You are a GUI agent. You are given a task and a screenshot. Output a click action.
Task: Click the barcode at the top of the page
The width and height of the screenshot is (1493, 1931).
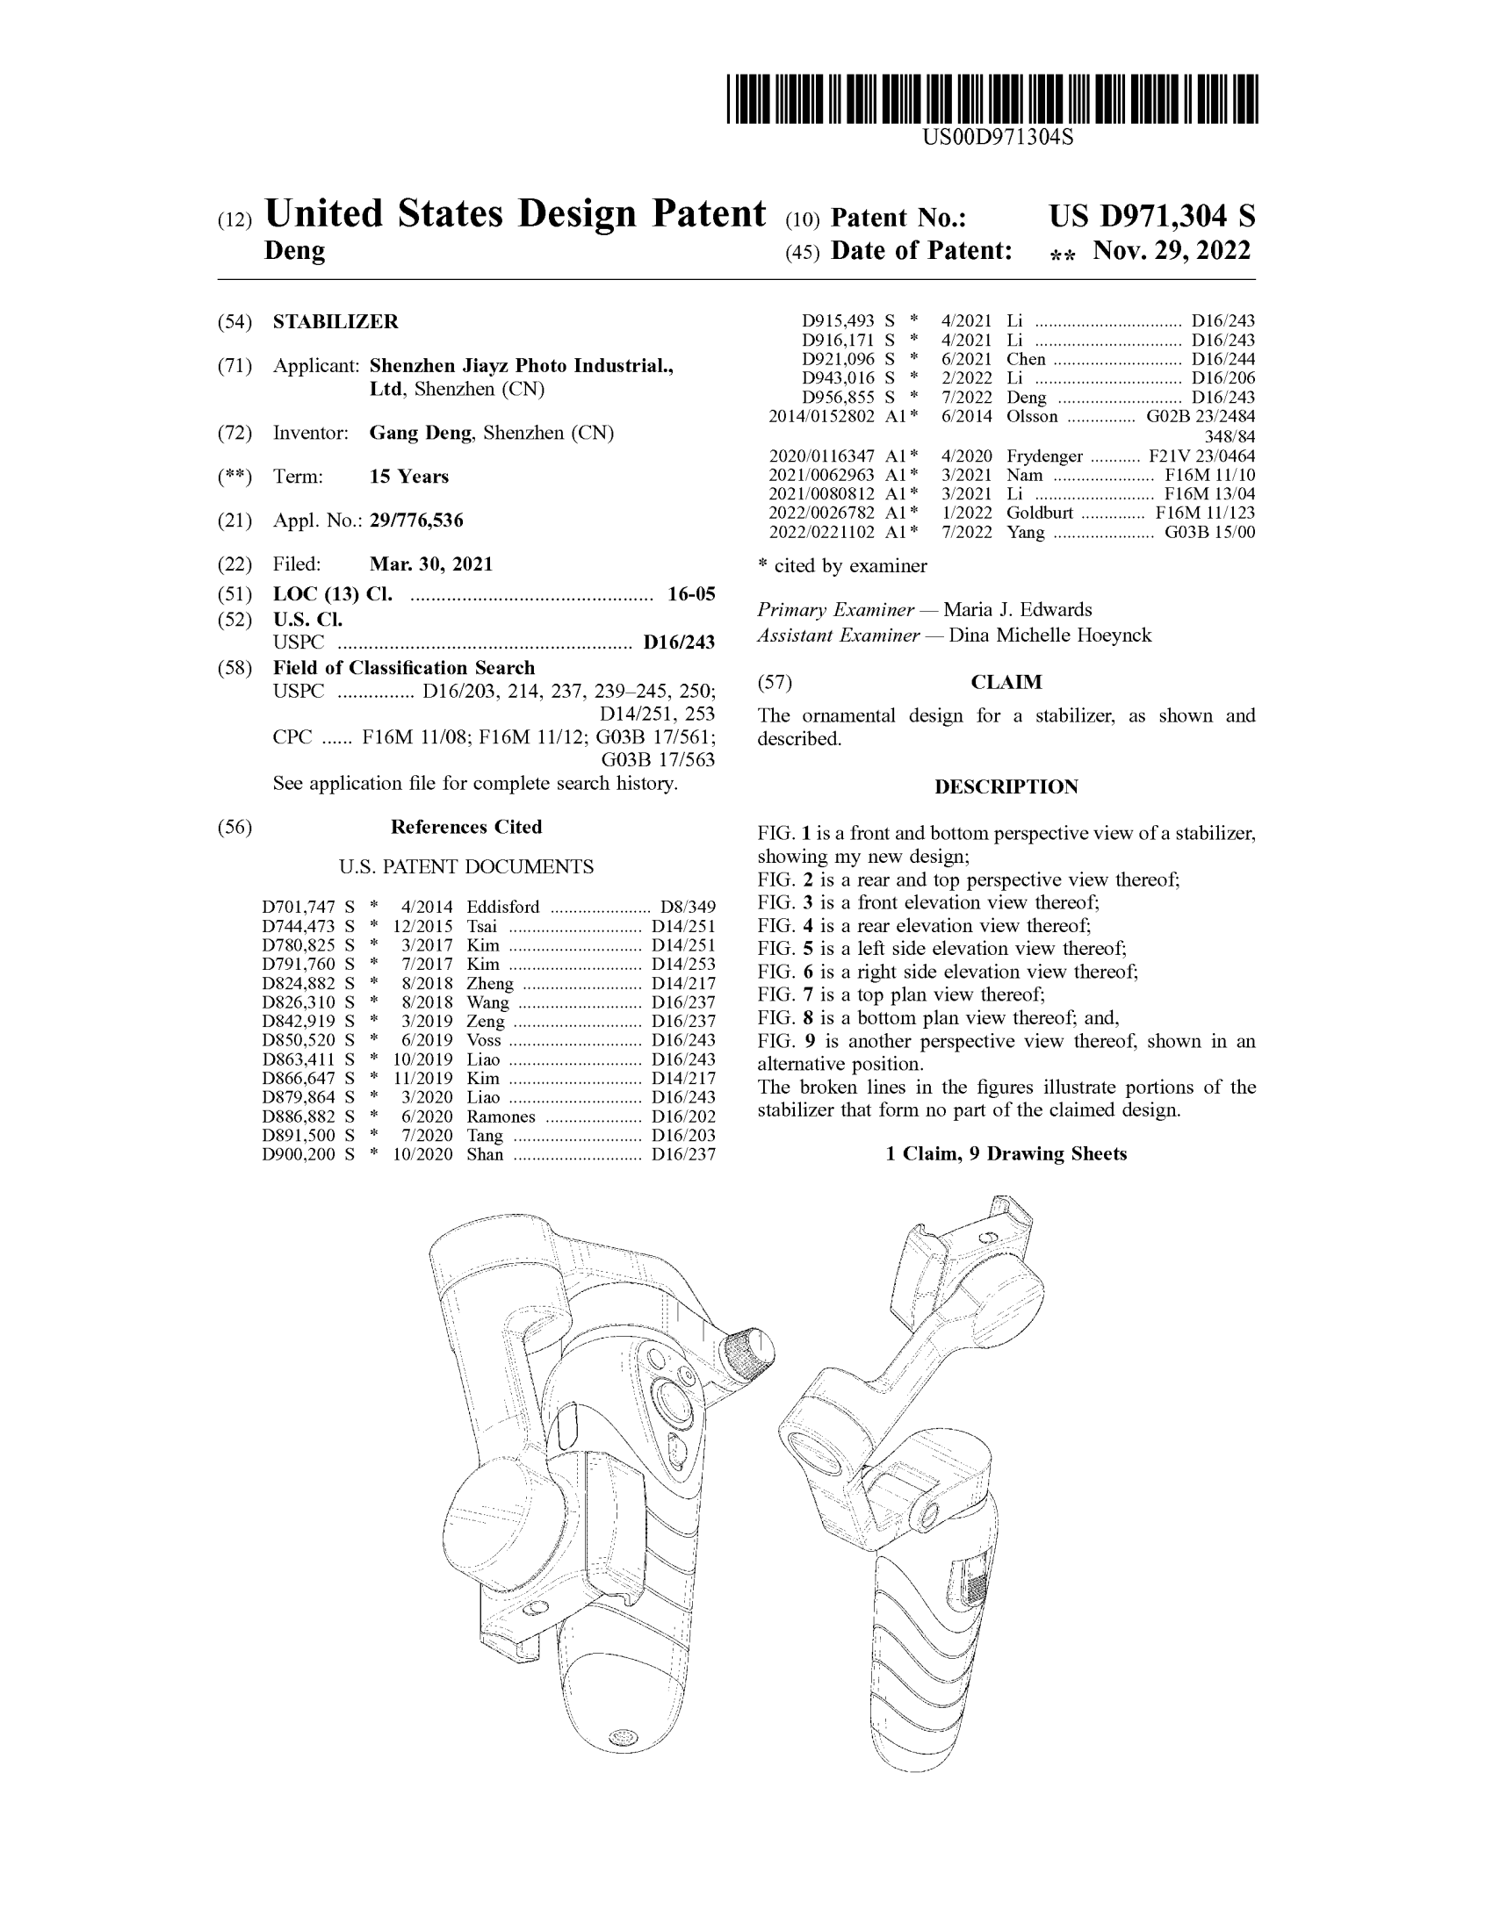point(992,98)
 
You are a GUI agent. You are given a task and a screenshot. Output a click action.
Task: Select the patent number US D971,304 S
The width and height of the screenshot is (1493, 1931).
point(1151,217)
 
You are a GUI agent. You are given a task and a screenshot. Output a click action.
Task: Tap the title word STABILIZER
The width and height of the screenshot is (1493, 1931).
point(335,322)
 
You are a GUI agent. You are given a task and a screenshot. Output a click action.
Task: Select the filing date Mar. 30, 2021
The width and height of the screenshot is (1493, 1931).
point(430,564)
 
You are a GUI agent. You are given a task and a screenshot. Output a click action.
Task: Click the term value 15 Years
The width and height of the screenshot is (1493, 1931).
point(408,477)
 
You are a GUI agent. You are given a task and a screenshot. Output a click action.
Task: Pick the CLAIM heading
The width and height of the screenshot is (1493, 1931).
point(1006,682)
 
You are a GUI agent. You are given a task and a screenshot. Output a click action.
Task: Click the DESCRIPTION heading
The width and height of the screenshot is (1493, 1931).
point(1006,787)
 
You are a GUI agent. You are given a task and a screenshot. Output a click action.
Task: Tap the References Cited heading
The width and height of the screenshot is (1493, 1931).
point(466,827)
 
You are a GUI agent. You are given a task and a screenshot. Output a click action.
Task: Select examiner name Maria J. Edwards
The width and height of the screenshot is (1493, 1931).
point(1017,610)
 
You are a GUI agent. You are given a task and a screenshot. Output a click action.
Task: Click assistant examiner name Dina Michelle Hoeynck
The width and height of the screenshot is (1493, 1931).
point(1049,635)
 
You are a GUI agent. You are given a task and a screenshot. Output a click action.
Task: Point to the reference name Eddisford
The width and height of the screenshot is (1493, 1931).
point(502,908)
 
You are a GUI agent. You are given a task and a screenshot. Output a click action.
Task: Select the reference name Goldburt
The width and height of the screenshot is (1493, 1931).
point(1039,513)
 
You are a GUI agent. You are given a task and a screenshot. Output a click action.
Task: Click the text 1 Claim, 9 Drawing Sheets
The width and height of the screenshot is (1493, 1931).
point(1006,1154)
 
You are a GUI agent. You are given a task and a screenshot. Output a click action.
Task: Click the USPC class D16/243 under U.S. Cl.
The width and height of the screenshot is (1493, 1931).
point(678,642)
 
